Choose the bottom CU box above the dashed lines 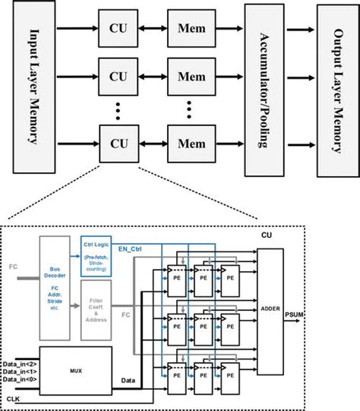(118, 143)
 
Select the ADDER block (270, 309)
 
